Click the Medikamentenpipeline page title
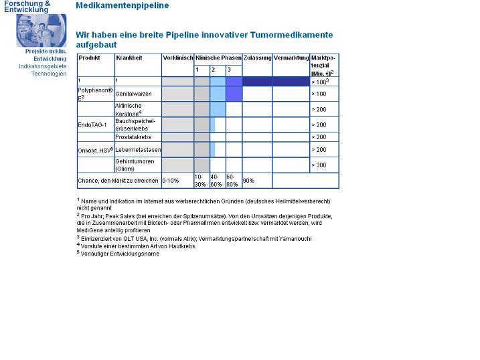[x=123, y=5]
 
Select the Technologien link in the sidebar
[x=49, y=74]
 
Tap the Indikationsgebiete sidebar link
[x=43, y=66]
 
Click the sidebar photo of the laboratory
[x=42, y=30]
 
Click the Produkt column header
[x=89, y=58]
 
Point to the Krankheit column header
[x=129, y=58]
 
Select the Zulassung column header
[x=257, y=58]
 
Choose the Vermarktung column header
[x=291, y=58]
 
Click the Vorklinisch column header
[x=178, y=58]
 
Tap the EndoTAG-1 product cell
[x=92, y=125]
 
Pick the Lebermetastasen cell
[x=136, y=150]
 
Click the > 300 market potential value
[x=319, y=165]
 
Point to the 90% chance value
[x=248, y=181]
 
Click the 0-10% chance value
[x=171, y=181]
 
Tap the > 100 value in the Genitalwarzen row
[x=319, y=94]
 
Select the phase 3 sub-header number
[x=229, y=70]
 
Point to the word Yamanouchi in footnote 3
[x=294, y=239]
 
